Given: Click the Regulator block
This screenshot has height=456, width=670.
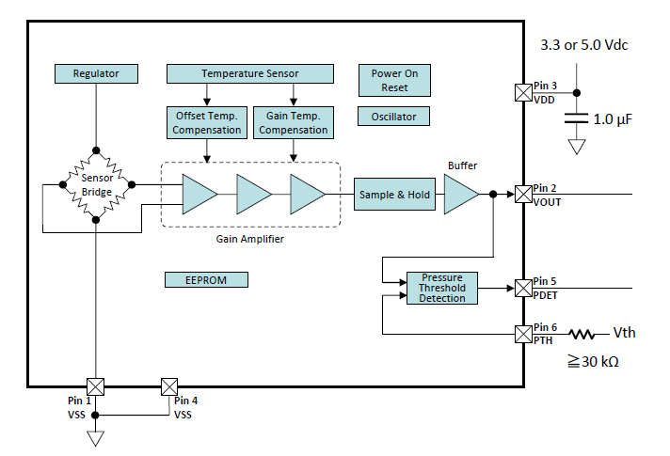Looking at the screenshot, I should click(96, 72).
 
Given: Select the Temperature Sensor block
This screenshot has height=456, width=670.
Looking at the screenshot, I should click(249, 72).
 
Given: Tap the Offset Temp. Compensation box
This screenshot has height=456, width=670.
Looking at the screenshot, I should click(206, 122).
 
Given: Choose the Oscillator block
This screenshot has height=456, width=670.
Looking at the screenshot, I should click(394, 117).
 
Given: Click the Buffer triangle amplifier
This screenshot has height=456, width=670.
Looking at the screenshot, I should click(458, 195).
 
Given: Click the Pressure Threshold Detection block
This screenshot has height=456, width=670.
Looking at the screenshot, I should click(441, 288).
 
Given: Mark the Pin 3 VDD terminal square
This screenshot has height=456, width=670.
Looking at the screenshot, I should click(522, 92).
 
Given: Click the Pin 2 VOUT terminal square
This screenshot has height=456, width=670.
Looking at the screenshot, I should click(522, 195).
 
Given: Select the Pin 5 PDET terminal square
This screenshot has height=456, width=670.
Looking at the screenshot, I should click(522, 288).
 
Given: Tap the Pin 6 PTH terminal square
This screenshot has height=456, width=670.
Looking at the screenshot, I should click(522, 334).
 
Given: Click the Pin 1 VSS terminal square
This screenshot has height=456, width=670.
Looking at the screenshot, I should click(96, 386).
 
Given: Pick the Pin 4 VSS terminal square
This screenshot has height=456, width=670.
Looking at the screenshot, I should click(169, 386).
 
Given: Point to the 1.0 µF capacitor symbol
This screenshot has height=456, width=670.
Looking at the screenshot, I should click(577, 119).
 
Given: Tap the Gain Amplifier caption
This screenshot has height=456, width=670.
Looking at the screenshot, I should click(249, 240).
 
